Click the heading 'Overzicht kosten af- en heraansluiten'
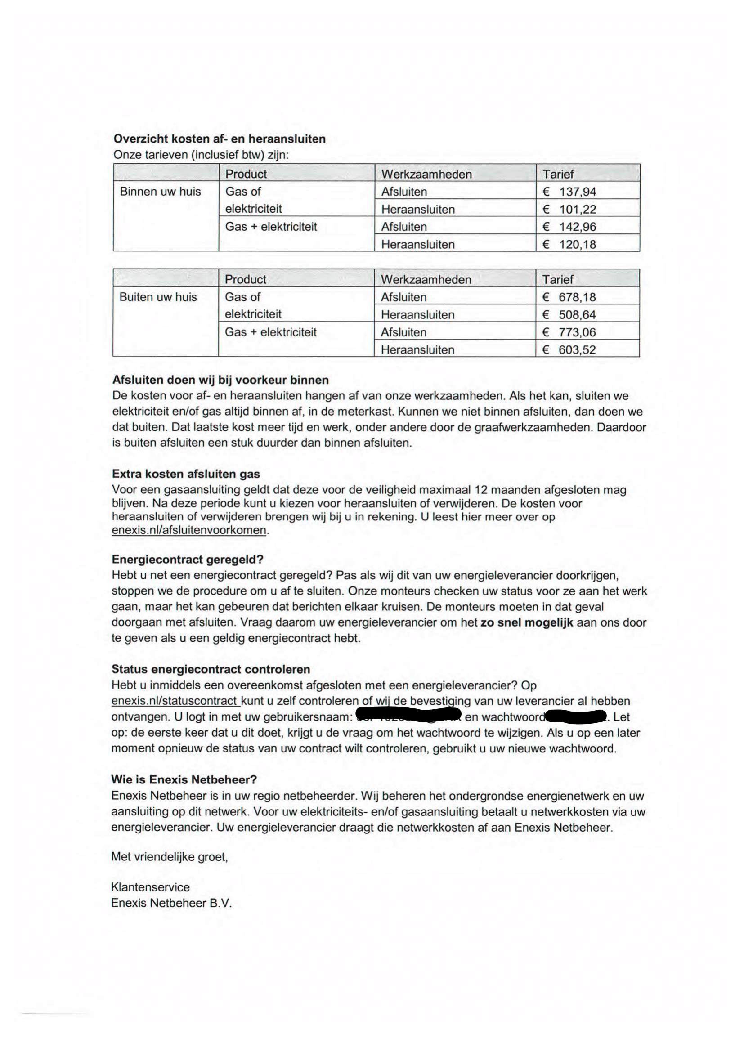[220, 139]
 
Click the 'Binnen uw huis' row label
[160, 192]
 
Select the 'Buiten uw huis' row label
[158, 297]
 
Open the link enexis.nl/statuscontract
[175, 701]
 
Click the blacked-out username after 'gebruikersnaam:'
[408, 716]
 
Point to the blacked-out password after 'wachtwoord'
[575, 716]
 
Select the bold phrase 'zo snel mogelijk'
[527, 622]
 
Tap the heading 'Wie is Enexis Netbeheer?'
[184, 779]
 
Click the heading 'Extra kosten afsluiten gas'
[186, 474]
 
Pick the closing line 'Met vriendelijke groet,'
[170, 857]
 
